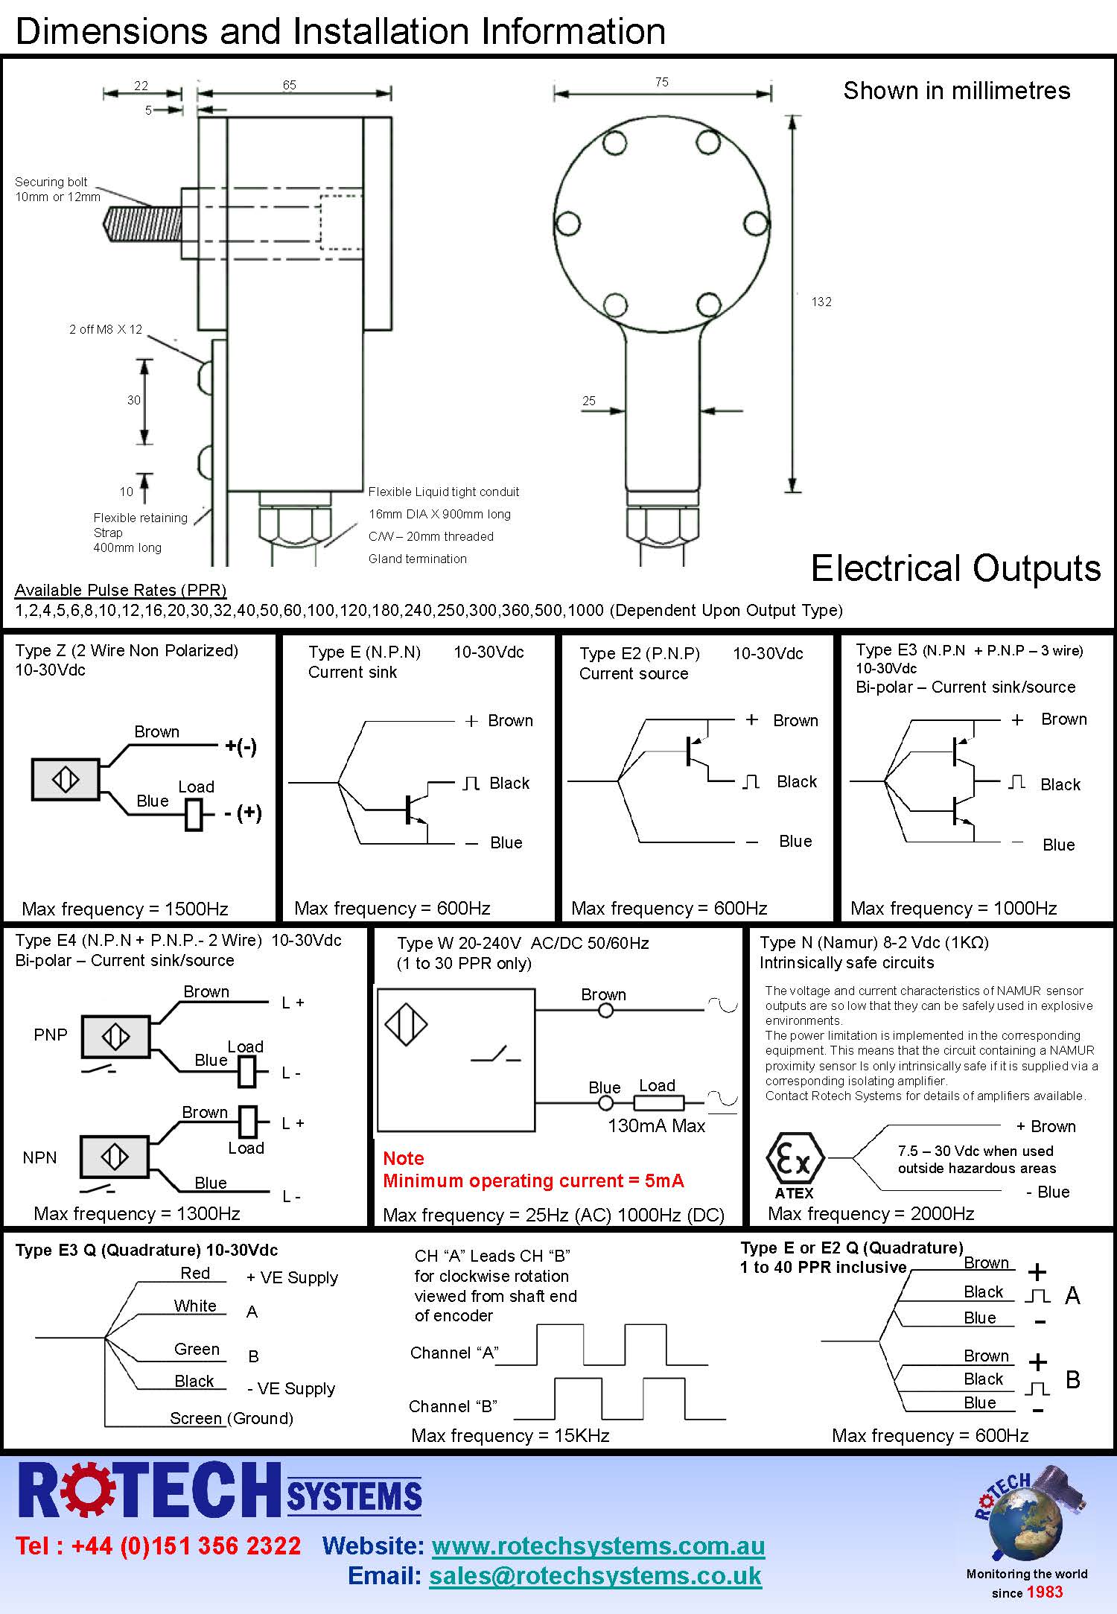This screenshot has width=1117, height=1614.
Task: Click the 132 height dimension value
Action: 821,302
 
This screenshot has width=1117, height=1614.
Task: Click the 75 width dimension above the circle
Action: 662,82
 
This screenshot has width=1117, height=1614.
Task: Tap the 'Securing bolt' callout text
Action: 51,182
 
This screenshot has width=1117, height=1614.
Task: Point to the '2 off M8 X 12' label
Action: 106,329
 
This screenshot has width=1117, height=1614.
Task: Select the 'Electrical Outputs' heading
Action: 955,568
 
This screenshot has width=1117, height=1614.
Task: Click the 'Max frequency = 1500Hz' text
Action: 125,909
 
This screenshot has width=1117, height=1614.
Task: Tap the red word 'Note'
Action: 404,1158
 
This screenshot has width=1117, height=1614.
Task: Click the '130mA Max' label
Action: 656,1125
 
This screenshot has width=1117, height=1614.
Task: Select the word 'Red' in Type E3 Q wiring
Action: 195,1273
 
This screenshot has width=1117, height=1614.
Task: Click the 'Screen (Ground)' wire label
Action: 232,1418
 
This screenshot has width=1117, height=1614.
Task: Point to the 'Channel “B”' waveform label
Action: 453,1406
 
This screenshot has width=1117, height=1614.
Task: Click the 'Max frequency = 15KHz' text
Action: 510,1435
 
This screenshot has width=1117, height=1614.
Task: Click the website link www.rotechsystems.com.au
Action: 598,1545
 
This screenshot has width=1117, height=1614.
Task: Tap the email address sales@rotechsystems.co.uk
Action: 595,1575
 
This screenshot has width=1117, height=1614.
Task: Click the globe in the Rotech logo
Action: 1025,1520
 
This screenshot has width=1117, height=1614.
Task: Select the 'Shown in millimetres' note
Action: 956,91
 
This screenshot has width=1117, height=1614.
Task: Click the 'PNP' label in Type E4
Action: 51,1035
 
